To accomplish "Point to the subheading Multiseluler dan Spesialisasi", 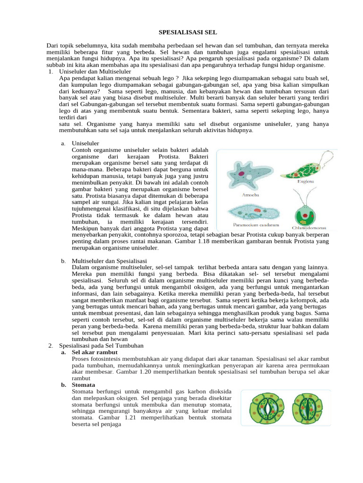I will [x=109, y=261].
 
